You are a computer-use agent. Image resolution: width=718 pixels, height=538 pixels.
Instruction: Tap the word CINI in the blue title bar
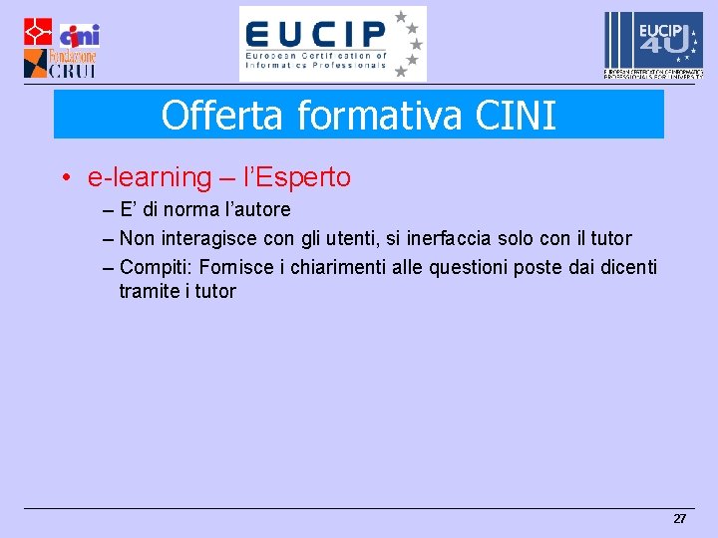click(x=516, y=116)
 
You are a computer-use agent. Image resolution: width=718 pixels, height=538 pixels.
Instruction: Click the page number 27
click(x=680, y=519)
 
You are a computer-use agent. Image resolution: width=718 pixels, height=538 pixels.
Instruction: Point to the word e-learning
click(x=150, y=177)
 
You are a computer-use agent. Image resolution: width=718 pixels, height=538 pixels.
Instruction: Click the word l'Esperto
click(x=297, y=177)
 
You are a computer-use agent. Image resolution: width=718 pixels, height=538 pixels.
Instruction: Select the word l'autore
click(x=256, y=209)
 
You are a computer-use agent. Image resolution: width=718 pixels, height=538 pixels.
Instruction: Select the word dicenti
click(x=627, y=267)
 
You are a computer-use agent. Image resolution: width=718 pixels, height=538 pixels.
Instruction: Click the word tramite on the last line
click(x=148, y=291)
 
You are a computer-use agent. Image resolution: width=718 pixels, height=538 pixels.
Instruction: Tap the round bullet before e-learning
click(x=66, y=178)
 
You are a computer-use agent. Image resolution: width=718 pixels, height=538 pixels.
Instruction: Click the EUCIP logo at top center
click(x=332, y=44)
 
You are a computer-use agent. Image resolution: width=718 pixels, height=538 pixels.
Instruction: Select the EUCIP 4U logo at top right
click(x=653, y=43)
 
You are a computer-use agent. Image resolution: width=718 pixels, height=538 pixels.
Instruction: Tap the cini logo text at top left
click(x=80, y=35)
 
